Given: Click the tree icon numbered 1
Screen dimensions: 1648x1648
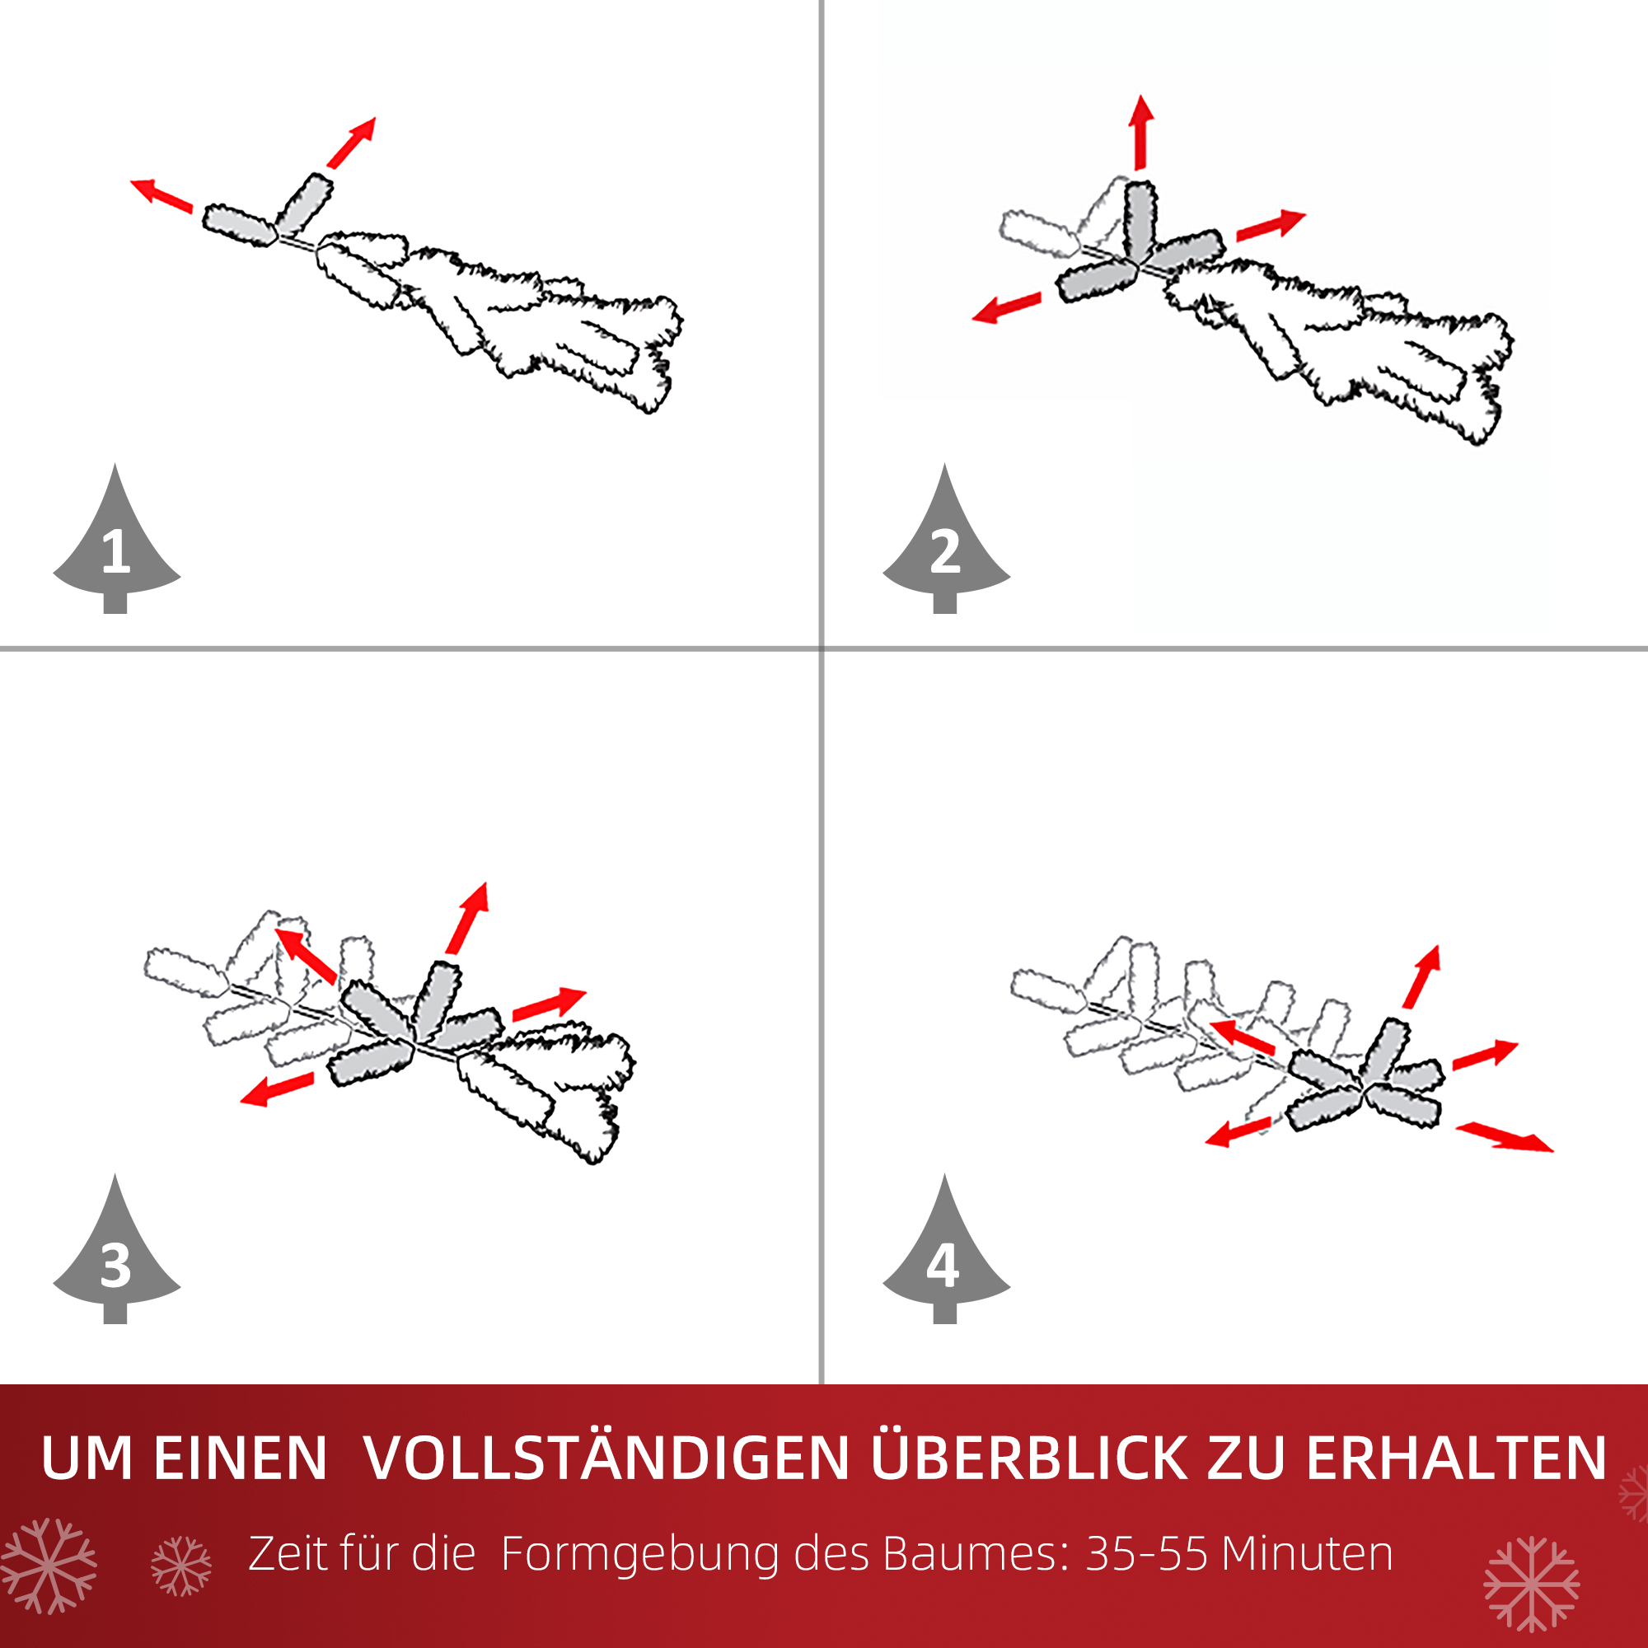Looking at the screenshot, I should click(x=116, y=546).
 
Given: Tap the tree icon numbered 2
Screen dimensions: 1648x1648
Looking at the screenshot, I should click(x=945, y=546).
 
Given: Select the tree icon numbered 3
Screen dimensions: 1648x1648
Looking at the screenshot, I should click(x=116, y=1257).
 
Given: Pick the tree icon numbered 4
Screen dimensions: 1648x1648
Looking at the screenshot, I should click(x=945, y=1257).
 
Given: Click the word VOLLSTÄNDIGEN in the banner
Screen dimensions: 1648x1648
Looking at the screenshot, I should click(x=606, y=1458).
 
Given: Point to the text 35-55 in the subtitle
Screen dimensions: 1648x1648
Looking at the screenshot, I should click(x=1146, y=1554).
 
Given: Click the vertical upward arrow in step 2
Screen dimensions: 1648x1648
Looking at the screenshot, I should click(x=1140, y=132).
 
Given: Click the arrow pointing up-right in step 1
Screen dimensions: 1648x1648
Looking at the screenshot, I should click(x=352, y=143).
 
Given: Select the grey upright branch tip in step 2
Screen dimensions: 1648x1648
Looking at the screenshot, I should click(x=1140, y=220).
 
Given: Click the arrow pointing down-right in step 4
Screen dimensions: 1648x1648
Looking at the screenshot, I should click(x=1505, y=1137).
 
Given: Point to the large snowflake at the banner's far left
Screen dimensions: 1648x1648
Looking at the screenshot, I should click(x=49, y=1566).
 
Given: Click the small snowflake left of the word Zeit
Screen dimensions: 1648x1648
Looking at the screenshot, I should click(x=180, y=1566).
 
